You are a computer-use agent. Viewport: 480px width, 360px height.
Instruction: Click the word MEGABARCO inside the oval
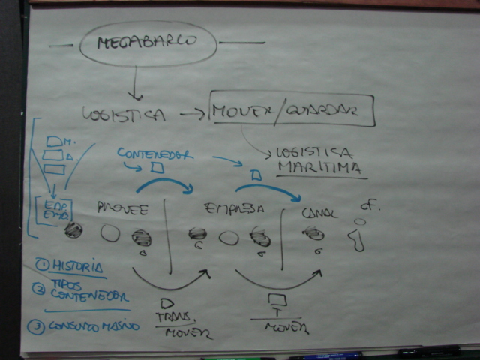click(147, 42)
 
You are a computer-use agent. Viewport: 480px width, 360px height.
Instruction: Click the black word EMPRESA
click(234, 208)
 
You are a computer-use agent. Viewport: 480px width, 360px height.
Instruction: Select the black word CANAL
click(319, 214)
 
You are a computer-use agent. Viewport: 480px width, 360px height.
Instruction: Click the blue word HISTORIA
click(79, 265)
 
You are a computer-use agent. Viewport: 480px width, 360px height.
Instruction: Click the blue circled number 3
click(34, 326)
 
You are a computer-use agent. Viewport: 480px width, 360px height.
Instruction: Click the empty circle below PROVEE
click(110, 233)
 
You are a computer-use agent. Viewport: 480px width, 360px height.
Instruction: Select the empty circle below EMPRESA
click(229, 238)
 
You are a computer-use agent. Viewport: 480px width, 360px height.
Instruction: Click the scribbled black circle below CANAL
click(313, 234)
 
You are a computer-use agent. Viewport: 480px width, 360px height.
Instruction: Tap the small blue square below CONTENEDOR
click(157, 168)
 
